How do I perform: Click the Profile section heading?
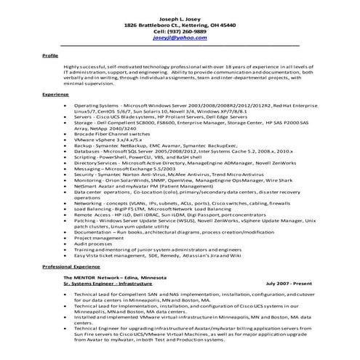[50, 55]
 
